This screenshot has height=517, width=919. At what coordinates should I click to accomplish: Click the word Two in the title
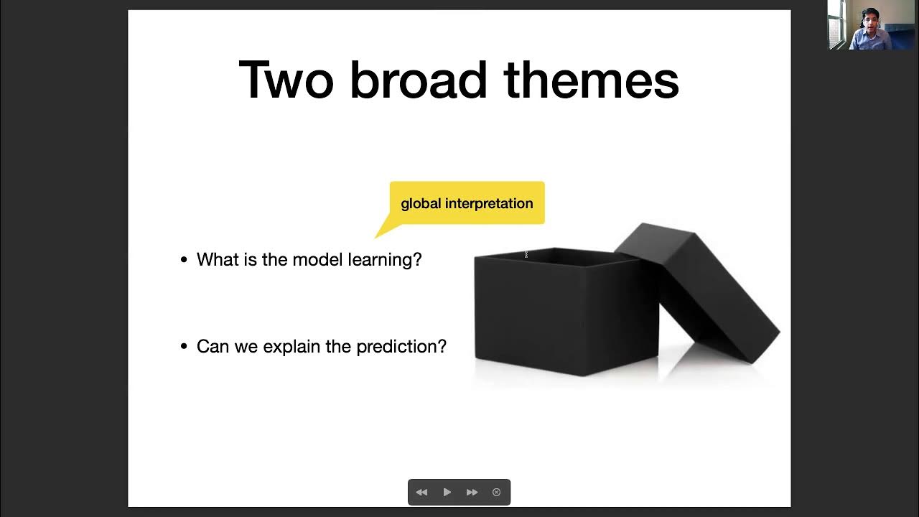286,80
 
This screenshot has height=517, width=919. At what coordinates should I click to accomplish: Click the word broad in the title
418,80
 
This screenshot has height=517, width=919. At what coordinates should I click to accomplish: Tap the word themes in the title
591,80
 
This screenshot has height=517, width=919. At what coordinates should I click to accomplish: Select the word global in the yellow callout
421,204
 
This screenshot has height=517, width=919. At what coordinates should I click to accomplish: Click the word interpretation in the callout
489,204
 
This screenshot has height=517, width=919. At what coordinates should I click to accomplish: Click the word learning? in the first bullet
385,260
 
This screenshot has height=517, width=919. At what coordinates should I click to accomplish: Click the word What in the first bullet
218,259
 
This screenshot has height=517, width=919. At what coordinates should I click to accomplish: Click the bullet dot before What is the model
184,260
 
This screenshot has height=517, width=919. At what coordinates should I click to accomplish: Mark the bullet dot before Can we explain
184,347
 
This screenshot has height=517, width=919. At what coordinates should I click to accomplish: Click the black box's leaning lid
707,287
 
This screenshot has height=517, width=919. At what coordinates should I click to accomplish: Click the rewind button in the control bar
421,493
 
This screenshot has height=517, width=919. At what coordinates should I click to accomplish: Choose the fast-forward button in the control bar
472,493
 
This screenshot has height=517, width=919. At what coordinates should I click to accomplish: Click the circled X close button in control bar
496,493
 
